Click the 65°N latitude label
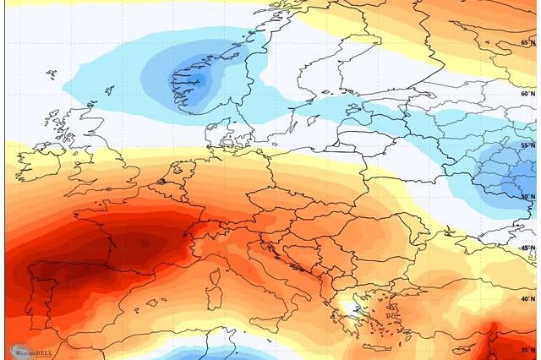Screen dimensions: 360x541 [528, 42]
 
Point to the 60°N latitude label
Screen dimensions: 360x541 [528, 94]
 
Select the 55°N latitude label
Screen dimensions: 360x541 [528, 145]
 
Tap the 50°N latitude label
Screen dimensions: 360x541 [528, 197]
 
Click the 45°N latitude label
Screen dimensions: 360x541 [528, 248]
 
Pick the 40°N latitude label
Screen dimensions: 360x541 [528, 298]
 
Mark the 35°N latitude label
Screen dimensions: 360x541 [528, 349]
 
